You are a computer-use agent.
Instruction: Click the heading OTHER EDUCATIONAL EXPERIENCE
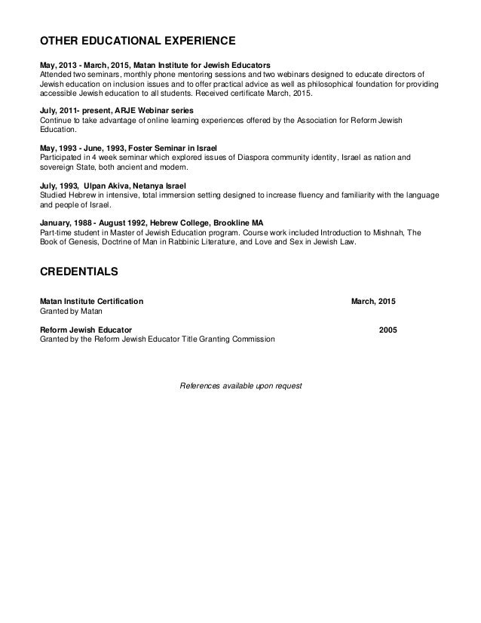tap(138, 39)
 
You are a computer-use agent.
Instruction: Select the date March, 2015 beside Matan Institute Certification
tap(374, 301)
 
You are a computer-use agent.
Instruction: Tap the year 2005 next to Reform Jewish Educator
tap(388, 330)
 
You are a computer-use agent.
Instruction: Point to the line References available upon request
tap(240, 385)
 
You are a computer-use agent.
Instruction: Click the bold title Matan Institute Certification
tap(91, 301)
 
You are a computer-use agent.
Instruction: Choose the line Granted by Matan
tap(70, 310)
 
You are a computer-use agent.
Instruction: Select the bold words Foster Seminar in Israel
tap(170, 149)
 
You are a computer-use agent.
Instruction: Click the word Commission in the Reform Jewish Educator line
tap(256, 339)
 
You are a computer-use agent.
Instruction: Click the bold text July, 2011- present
tap(75, 111)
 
